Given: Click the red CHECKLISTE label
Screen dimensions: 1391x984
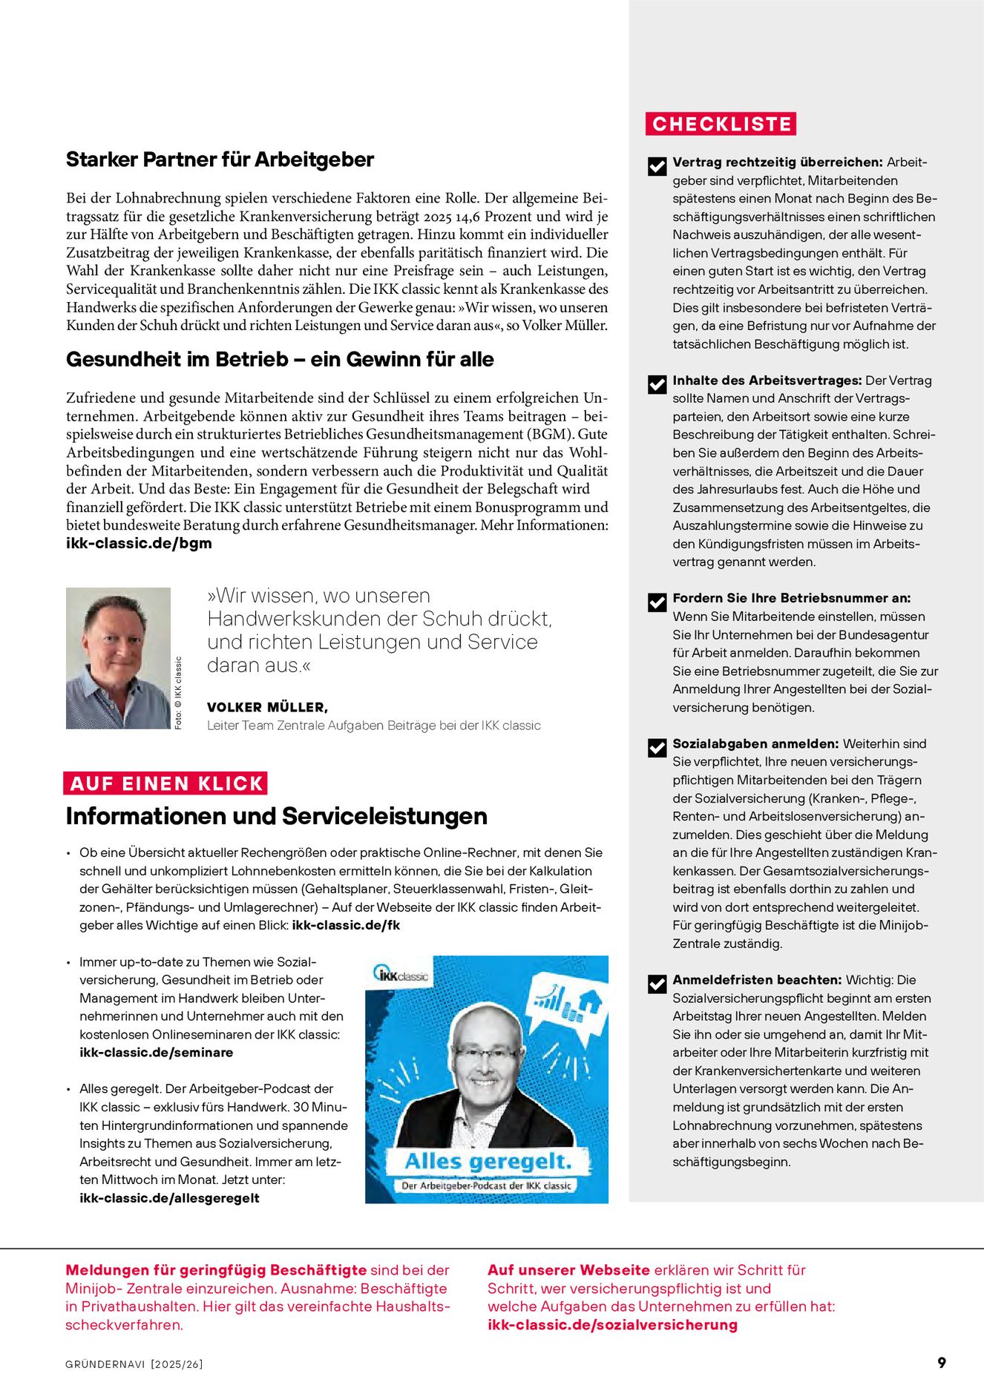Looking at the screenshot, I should coord(721,124).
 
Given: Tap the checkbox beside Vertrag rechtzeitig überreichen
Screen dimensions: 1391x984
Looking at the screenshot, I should coord(657,166).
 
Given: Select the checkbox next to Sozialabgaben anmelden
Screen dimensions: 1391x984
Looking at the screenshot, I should coord(657,748).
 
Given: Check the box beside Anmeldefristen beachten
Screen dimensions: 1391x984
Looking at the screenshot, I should coord(657,984).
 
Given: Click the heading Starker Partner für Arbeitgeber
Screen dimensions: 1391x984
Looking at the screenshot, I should coord(220,160).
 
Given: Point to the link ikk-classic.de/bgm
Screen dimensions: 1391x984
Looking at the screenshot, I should coord(139,543).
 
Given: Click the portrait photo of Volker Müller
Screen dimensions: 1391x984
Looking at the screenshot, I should coord(118,658).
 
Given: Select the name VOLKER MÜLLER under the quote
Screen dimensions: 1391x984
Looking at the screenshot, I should coord(267,707).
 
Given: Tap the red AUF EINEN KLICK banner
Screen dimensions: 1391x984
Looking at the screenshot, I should coord(165,783).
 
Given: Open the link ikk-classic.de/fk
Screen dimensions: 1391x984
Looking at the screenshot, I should coord(346,925).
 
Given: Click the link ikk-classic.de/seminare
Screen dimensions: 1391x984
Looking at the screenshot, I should coord(156,1052).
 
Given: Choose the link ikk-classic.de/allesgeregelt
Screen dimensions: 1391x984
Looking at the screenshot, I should coord(169,1197).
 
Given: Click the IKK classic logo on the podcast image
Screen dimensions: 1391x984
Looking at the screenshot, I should coord(401,976).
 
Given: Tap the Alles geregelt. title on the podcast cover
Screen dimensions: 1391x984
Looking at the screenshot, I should coord(488,1161).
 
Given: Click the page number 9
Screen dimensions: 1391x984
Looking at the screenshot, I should coord(942,1363).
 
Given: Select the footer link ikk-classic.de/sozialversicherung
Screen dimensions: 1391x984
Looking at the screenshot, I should coord(612,1324).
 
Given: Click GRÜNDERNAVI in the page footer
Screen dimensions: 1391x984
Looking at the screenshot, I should coord(105,1364).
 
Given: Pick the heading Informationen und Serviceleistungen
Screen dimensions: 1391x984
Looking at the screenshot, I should coord(276,816).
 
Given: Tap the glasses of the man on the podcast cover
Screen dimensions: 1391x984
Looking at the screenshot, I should coord(486,1053).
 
